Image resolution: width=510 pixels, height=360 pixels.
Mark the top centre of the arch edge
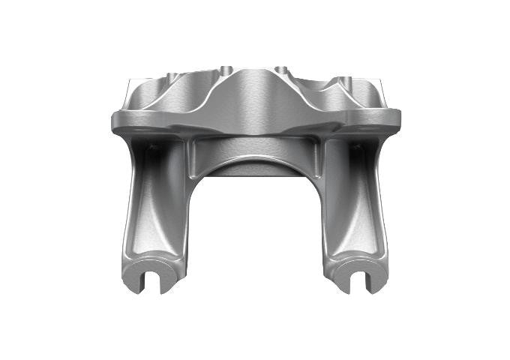[x=255, y=160]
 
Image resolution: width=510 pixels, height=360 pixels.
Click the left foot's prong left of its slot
[x=138, y=278]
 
